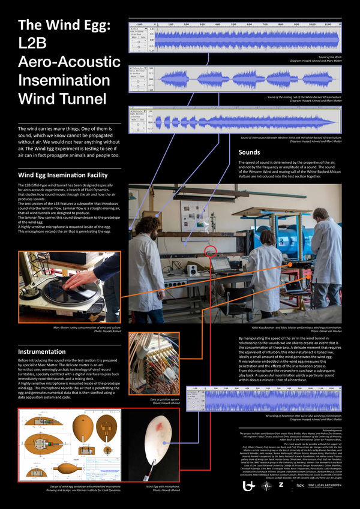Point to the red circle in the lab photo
click(211, 251)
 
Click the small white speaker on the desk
click(193, 270)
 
